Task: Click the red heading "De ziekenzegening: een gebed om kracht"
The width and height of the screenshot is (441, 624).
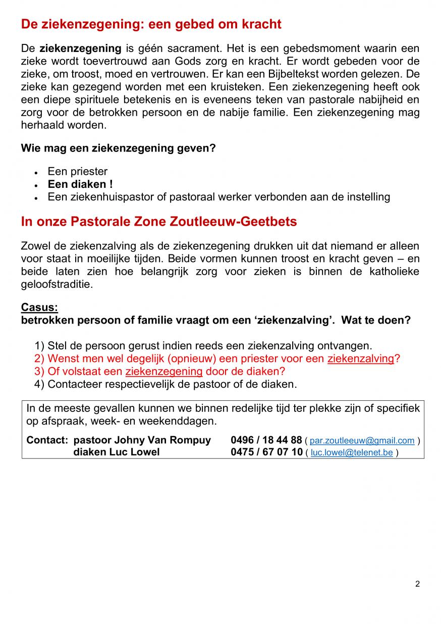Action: [151, 24]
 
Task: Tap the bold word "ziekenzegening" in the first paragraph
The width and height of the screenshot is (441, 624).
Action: [80, 49]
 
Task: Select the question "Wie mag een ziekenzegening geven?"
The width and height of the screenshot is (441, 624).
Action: [118, 148]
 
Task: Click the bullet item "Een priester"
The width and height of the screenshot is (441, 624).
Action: [78, 172]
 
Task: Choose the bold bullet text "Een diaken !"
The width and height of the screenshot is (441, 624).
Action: [80, 184]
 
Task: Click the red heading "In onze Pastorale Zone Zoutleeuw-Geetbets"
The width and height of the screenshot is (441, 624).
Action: [159, 222]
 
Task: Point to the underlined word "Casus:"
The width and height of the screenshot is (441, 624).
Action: [39, 307]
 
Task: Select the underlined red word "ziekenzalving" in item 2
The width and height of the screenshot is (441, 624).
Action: [360, 359]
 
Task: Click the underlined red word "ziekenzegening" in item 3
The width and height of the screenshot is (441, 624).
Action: [163, 372]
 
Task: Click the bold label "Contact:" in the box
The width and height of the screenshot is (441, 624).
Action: [47, 440]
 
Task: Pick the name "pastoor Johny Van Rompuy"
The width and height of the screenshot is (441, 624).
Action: [142, 440]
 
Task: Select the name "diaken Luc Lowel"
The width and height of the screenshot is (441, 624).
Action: [117, 452]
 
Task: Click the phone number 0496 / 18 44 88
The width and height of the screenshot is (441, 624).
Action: [266, 440]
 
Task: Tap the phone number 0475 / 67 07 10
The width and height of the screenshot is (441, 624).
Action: [266, 452]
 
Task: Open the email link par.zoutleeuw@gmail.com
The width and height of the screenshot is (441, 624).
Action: [362, 441]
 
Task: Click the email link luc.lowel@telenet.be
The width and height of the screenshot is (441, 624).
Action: [351, 453]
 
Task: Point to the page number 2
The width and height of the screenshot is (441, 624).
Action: [417, 584]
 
